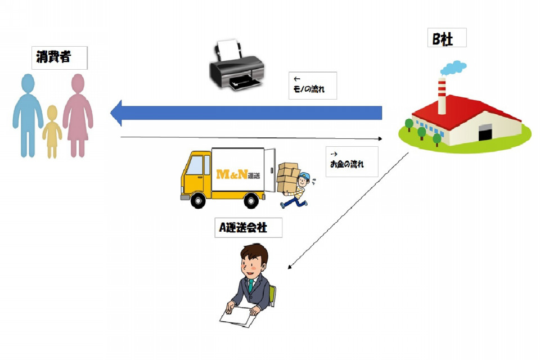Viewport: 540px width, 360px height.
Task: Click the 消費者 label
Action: click(59, 57)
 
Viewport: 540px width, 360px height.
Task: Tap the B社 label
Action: click(447, 38)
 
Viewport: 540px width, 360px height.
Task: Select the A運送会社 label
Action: click(248, 227)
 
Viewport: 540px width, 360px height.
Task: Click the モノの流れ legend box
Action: click(313, 85)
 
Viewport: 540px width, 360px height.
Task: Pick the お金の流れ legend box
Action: click(352, 161)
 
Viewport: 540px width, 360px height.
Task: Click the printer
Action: click(237, 65)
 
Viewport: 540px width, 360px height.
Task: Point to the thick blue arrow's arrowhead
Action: click(116, 112)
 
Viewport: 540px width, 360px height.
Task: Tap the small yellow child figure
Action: click(52, 132)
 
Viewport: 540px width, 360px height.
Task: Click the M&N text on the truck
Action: click(232, 174)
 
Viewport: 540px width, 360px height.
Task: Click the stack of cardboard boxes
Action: click(287, 177)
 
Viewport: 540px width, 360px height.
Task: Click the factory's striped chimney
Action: click(442, 96)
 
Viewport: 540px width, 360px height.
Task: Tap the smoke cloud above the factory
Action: click(453, 67)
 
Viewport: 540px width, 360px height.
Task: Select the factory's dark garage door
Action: click(484, 132)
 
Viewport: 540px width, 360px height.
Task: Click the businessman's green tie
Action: click(251, 286)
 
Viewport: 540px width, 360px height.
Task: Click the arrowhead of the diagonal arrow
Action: click(290, 267)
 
